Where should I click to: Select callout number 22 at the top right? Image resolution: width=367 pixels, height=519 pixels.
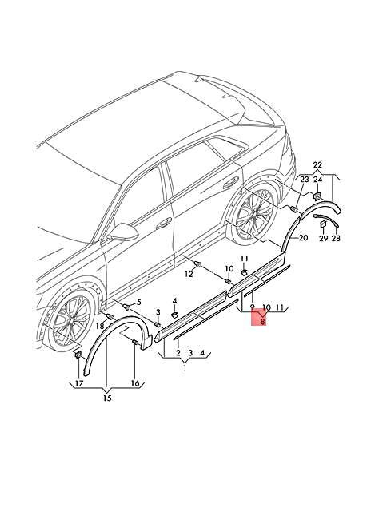317,166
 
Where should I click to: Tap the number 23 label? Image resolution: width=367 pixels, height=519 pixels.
304,181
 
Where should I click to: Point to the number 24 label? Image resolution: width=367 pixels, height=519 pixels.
317,181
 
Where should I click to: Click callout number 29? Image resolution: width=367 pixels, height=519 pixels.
323,239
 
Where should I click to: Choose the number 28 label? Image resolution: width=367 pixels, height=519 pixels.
336,239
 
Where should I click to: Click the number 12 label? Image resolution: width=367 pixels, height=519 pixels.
189,274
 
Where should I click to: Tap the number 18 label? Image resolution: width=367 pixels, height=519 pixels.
100,326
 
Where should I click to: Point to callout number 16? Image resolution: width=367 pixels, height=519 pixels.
134,383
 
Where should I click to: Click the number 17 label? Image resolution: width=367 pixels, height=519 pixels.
78,383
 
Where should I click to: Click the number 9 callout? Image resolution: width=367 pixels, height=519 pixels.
252,307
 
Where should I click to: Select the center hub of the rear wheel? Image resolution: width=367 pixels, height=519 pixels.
255,216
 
